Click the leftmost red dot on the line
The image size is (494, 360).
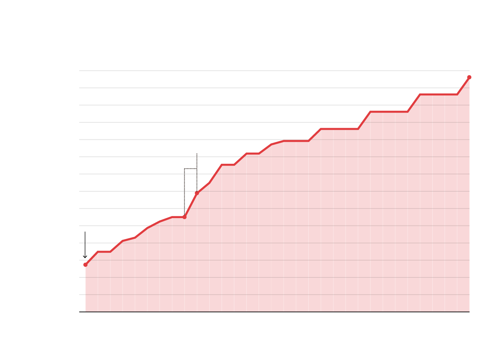point(85,265)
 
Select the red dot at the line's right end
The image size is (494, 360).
point(469,77)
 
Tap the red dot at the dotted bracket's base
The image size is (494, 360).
point(185,217)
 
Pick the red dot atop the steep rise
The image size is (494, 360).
point(197,193)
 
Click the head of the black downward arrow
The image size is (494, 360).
point(85,257)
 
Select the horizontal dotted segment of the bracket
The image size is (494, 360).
point(191,169)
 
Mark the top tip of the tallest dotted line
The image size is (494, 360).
point(197,154)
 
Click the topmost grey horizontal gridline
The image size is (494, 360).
point(247,71)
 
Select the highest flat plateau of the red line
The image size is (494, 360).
point(439,95)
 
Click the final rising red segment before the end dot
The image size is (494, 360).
point(463,86)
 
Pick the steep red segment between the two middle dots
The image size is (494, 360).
point(191,205)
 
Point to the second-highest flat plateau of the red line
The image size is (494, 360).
point(389,112)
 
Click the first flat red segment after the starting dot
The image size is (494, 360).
point(104,252)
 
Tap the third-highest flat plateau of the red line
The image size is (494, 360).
point(339,129)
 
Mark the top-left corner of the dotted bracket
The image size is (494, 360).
point(185,169)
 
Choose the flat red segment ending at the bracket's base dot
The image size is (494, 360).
point(178,217)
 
